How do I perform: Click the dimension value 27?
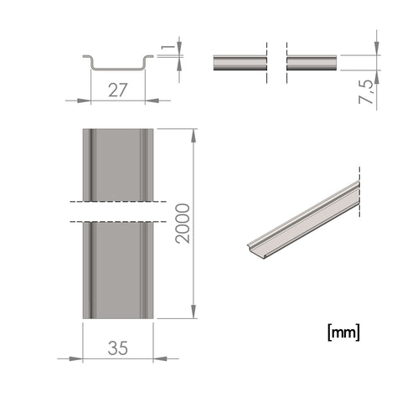117,90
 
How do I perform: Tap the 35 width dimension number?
118,348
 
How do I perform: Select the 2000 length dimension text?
183,224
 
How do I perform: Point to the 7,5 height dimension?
366,92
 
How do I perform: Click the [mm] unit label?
343,332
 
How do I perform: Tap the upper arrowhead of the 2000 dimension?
193,136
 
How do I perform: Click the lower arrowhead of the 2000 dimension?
193,312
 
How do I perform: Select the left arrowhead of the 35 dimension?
76,358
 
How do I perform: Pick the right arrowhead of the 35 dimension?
160,358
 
